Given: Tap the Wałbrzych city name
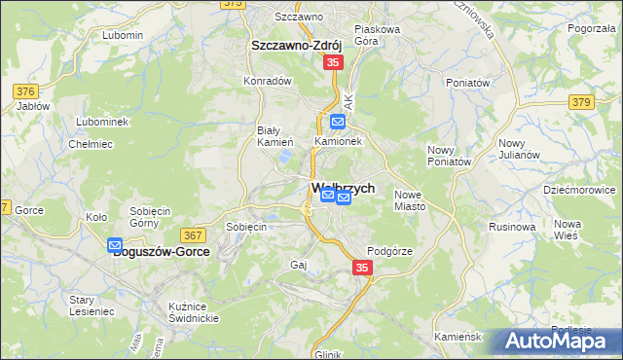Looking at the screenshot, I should [343, 188].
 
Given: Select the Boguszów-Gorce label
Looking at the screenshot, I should [161, 251].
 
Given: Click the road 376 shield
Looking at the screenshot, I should [25, 91].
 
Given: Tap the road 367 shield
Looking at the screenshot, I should [192, 234].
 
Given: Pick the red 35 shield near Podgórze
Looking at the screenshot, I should [362, 268].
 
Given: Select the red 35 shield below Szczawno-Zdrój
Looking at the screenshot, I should [333, 62].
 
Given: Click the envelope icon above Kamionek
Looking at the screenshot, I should [337, 122].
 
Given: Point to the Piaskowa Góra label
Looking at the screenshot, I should [378, 35].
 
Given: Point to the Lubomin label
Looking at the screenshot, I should [122, 35].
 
